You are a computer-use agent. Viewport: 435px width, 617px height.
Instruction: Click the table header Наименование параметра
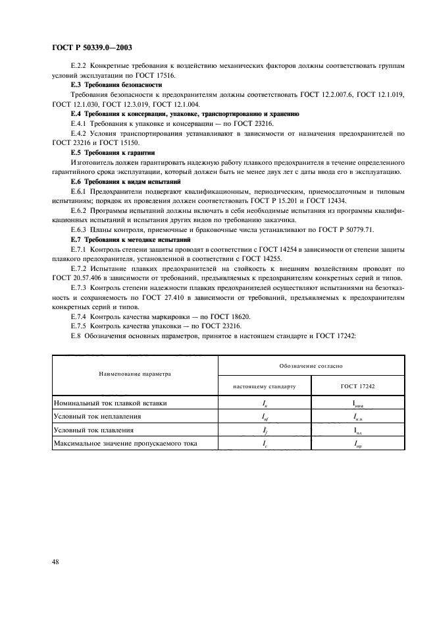(135, 374)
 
